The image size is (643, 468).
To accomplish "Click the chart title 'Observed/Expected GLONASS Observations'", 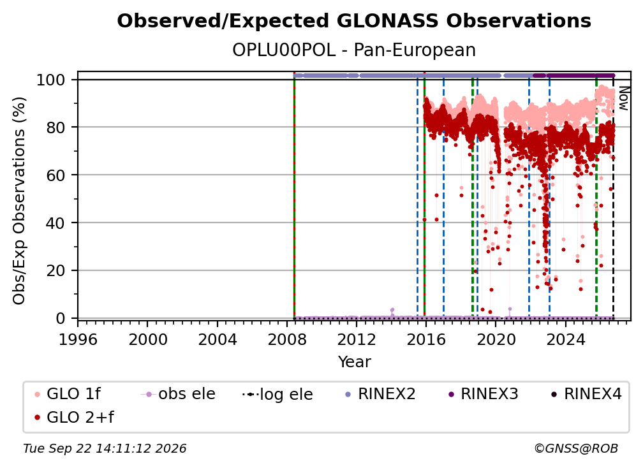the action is tap(354, 21).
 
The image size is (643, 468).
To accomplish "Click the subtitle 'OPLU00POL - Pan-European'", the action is tap(354, 50).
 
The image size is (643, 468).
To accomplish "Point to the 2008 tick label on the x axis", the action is tap(286, 340).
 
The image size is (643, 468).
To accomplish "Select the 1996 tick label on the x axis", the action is tap(78, 340).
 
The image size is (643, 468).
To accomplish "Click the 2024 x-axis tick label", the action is tap(565, 340).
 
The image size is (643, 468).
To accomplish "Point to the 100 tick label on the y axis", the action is tap(51, 80).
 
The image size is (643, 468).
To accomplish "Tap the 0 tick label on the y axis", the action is tap(61, 318).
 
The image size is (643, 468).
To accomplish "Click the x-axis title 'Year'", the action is tap(354, 362).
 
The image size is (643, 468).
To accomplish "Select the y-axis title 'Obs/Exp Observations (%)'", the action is tap(19, 200).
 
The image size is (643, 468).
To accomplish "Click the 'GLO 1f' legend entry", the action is tap(67, 394).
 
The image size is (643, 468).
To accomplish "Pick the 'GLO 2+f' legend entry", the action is tap(74, 417).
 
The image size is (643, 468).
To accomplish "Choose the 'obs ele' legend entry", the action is tap(178, 394).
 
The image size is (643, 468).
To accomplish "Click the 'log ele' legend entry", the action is tap(277, 394).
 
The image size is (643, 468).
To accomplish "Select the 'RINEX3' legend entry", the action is tap(483, 394).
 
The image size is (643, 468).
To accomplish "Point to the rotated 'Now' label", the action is tap(623, 98).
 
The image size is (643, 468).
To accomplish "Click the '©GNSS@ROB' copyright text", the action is tap(576, 449).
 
